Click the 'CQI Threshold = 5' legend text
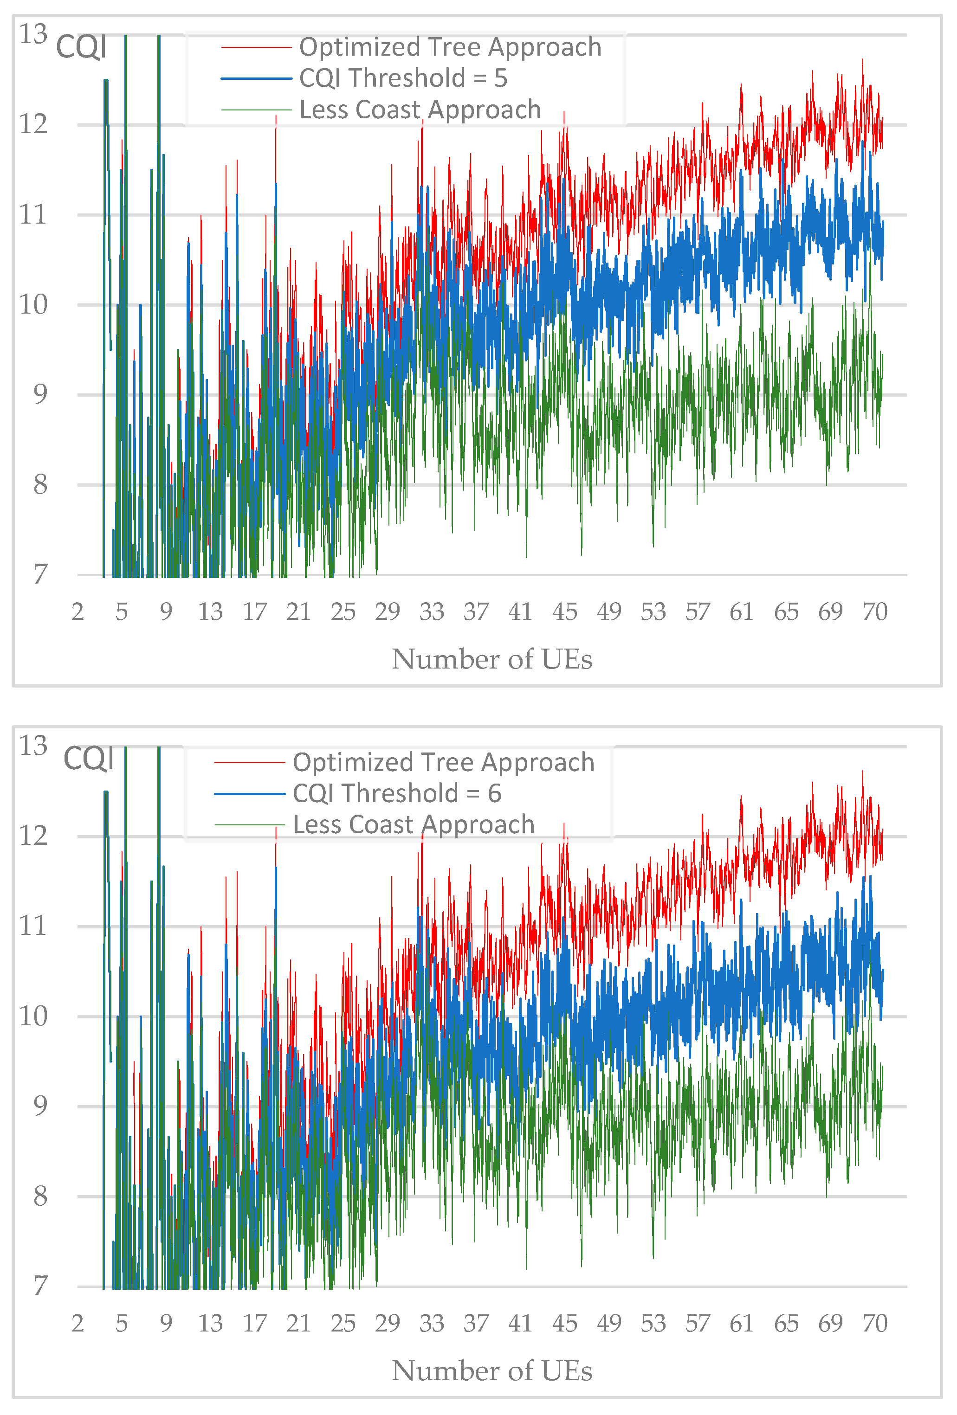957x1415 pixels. tap(403, 78)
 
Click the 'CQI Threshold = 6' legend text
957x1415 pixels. tap(396, 793)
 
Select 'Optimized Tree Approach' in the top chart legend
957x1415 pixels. tap(450, 47)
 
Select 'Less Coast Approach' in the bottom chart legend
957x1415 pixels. tap(414, 824)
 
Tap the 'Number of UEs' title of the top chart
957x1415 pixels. tap(491, 659)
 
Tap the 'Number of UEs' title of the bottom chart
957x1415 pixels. tap(491, 1370)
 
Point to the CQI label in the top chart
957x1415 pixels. tap(81, 47)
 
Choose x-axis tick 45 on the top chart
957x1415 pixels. tap(565, 611)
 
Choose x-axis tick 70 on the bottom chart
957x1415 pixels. tap(875, 1323)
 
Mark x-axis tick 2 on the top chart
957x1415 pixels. tap(78, 611)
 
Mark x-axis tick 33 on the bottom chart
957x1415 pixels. tap(431, 1323)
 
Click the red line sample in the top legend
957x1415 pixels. tap(257, 47)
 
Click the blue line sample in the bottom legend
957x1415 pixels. tap(250, 794)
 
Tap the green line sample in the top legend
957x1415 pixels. tap(257, 109)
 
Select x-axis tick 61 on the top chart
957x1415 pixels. tap(741, 611)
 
